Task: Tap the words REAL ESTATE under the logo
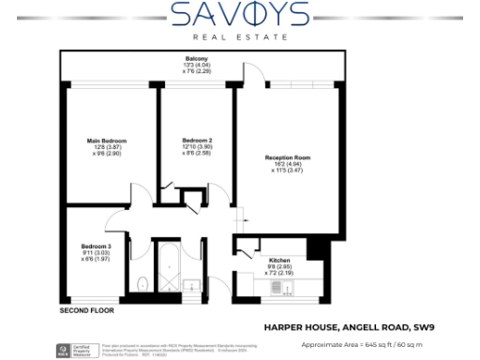click(x=240, y=38)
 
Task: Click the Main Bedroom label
click(x=99, y=140)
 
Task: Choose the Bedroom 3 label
click(x=96, y=246)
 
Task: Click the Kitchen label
click(x=279, y=260)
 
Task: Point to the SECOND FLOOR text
click(x=86, y=309)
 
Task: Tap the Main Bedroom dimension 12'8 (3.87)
click(x=99, y=146)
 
